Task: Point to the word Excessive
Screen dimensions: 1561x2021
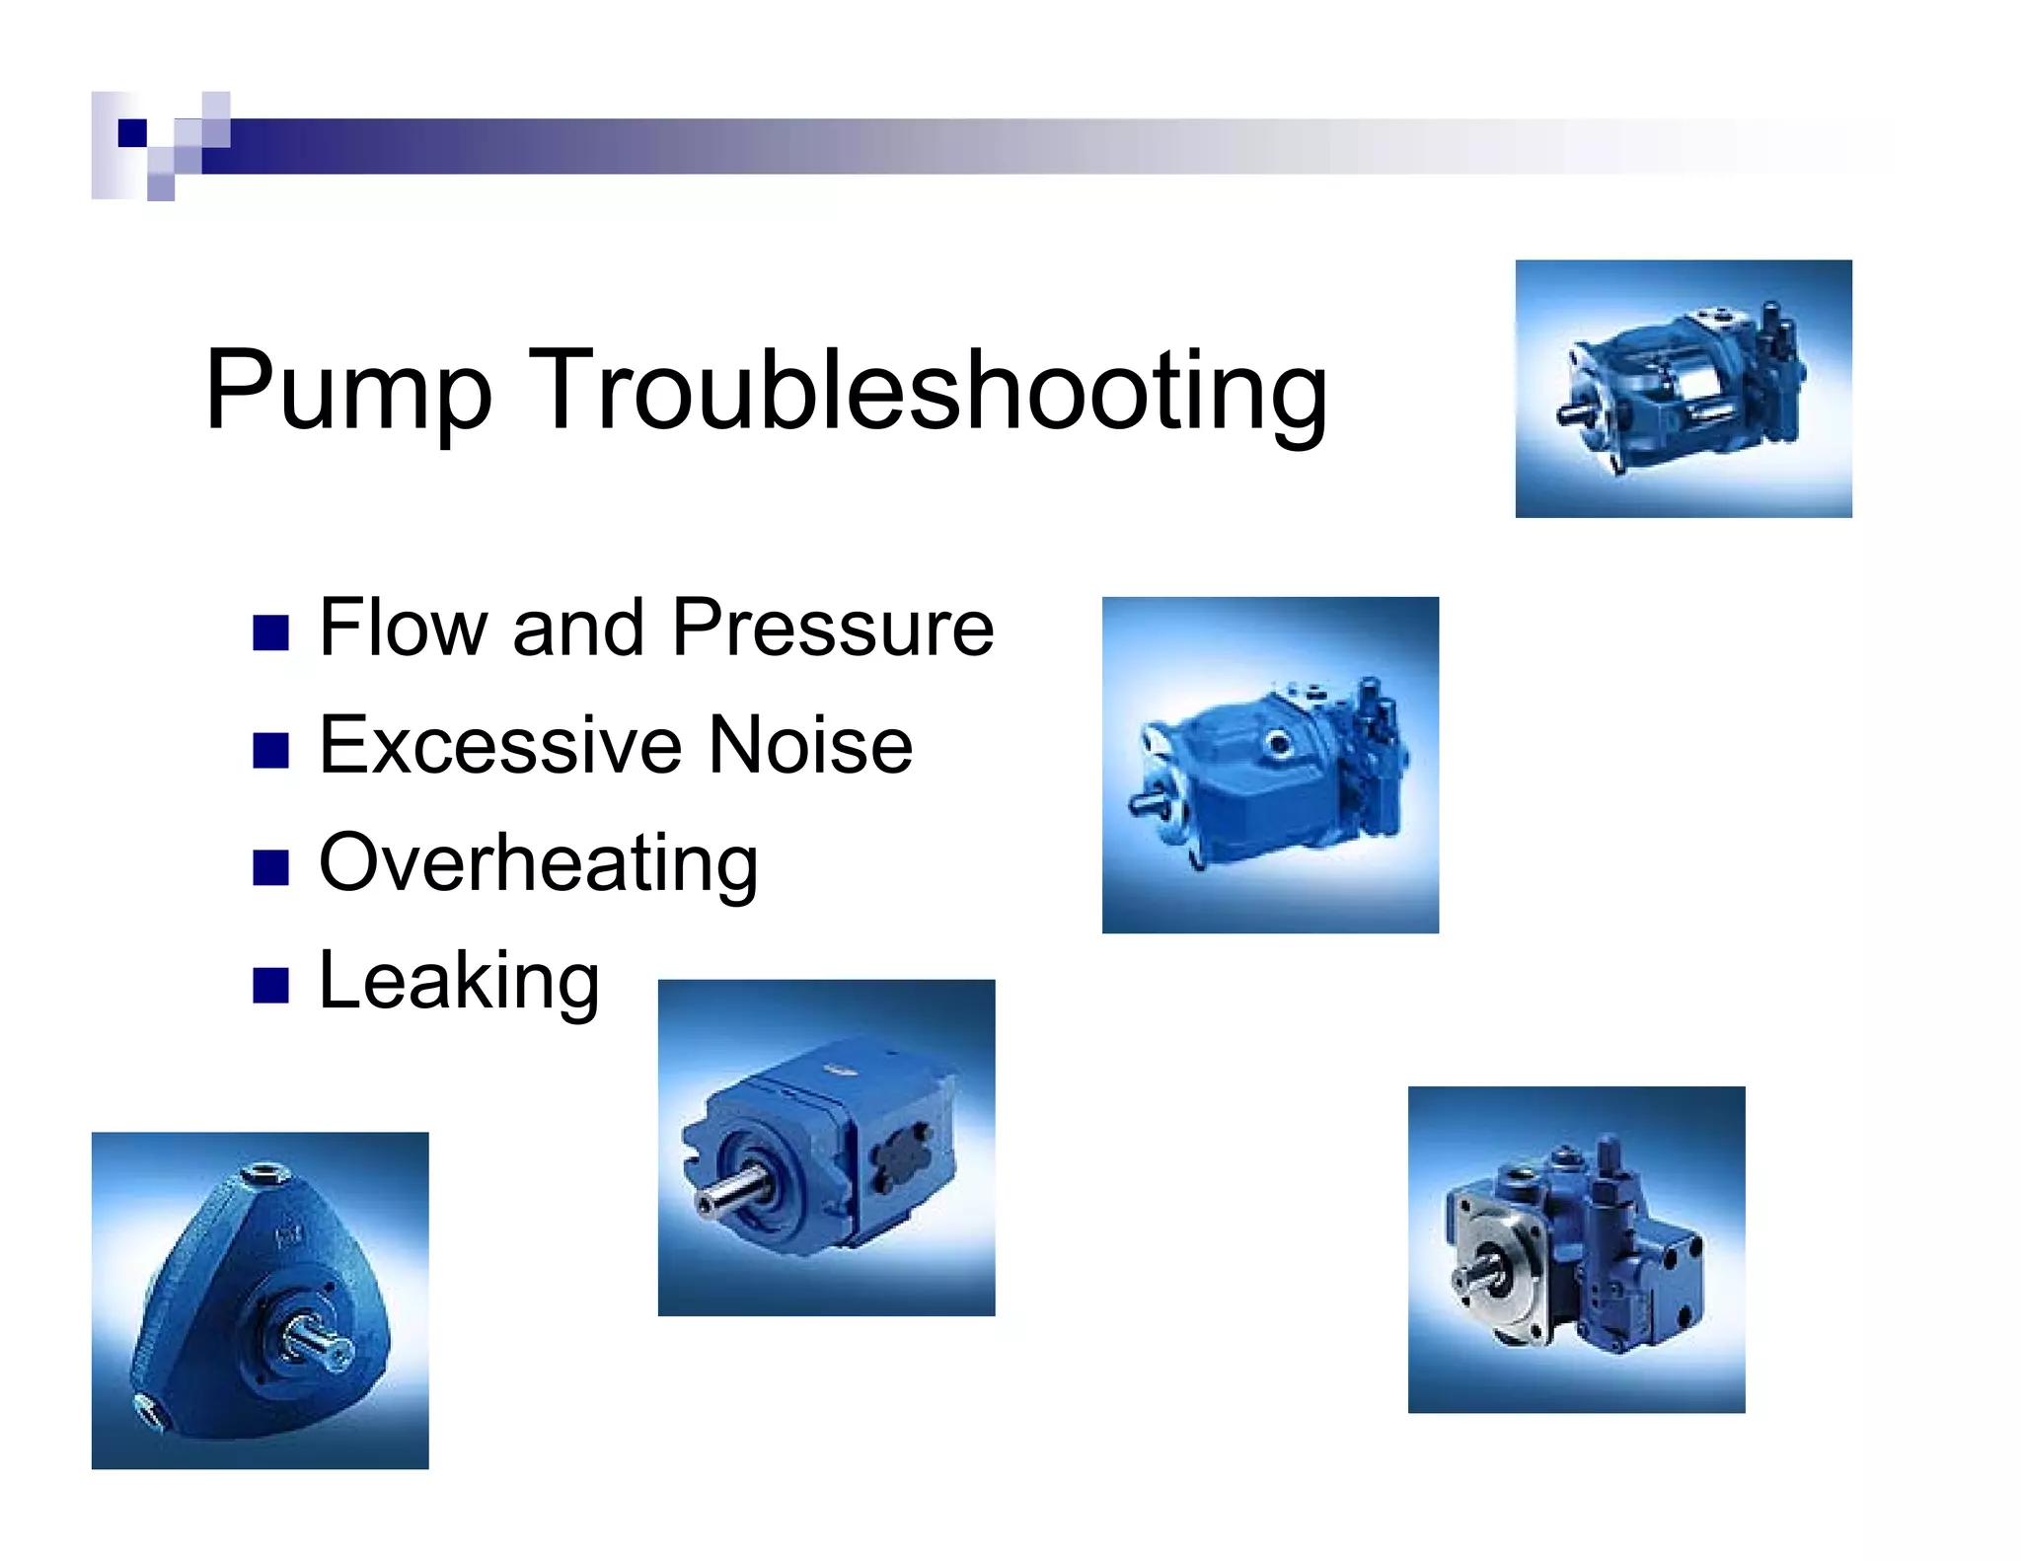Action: point(499,745)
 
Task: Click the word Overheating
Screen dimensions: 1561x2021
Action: point(538,863)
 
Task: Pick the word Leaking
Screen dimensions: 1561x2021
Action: point(459,981)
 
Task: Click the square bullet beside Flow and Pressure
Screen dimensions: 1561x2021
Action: point(270,632)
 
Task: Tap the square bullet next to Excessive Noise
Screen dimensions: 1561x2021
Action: point(270,750)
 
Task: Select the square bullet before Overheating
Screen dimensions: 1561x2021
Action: point(270,867)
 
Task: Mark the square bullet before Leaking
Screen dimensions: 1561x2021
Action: point(270,985)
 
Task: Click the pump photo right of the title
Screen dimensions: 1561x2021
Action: point(1683,389)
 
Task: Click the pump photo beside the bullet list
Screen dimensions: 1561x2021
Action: point(1270,765)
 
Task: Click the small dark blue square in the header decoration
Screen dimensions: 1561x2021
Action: point(132,132)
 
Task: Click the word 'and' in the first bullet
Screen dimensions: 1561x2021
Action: point(578,628)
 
